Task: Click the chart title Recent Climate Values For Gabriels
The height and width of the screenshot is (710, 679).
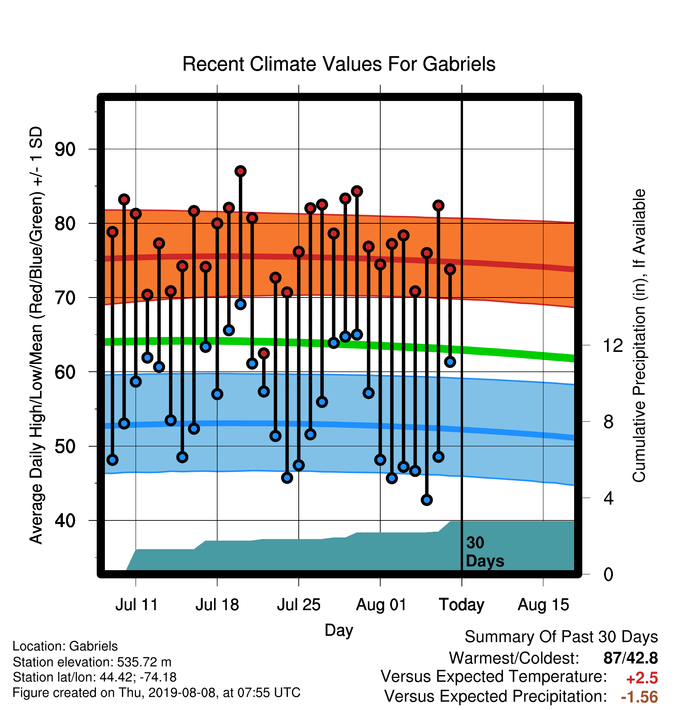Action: [339, 64]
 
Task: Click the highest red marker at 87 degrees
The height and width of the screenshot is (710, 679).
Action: [240, 171]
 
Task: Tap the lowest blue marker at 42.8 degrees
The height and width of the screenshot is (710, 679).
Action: [427, 500]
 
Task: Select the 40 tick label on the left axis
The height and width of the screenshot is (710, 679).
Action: [65, 520]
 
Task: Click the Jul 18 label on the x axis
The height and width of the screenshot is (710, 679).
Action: [217, 605]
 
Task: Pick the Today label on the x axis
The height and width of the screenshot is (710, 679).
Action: [461, 605]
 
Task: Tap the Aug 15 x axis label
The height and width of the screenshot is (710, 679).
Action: [543, 605]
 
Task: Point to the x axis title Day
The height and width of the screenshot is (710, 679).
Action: [339, 630]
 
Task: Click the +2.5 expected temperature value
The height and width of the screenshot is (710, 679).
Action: [642, 678]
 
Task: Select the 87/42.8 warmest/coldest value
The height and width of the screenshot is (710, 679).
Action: [630, 658]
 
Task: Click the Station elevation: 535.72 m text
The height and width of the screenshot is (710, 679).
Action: [92, 662]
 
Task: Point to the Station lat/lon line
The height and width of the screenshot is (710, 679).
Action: [95, 677]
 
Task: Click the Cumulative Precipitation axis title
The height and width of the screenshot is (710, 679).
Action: [639, 336]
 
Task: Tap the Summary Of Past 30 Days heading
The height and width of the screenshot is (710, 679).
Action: [561, 637]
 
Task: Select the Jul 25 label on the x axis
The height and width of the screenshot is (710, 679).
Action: [298, 605]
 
